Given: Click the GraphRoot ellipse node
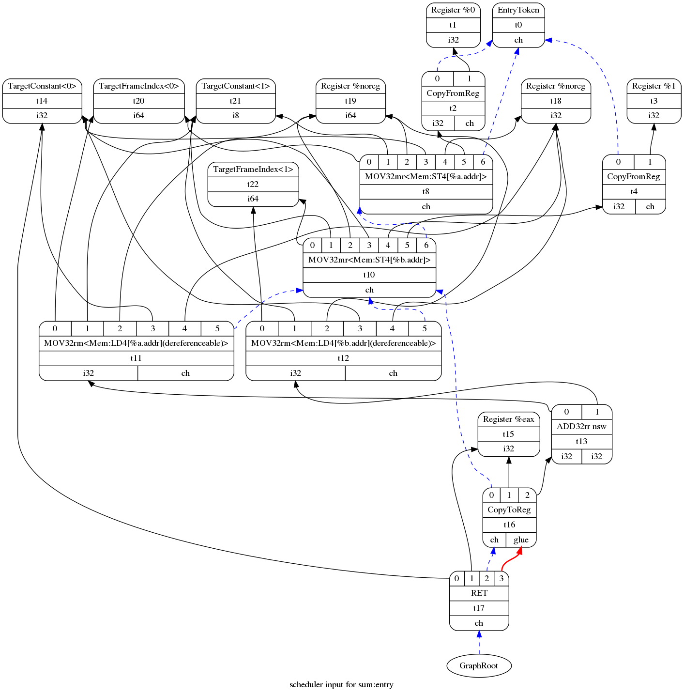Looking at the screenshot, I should tap(479, 665).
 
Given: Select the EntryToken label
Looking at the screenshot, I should tap(518, 10).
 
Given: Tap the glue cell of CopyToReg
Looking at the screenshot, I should tap(521, 540).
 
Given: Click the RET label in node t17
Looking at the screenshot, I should tap(479, 593).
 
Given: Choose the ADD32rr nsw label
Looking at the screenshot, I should tap(581, 427).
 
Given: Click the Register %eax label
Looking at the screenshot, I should tap(508, 419).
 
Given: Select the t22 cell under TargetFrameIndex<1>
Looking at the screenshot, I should tap(253, 184).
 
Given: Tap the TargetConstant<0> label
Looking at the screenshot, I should tap(42, 86).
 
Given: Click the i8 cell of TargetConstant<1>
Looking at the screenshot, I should tap(235, 115).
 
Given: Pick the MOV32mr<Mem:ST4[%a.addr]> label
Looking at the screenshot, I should tap(426, 176).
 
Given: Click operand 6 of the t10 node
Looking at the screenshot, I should tap(426, 245).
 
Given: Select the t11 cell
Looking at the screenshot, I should tap(136, 358).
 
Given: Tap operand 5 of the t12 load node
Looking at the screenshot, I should tap(425, 328).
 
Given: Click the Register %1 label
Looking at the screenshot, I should tap(654, 86).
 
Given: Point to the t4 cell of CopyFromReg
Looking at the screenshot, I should tap(634, 191).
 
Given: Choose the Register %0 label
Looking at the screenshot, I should tap(453, 10).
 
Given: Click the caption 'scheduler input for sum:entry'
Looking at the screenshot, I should tap(341, 685).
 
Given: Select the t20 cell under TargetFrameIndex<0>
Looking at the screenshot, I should tap(138, 101).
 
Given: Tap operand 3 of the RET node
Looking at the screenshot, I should tap(502, 578).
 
